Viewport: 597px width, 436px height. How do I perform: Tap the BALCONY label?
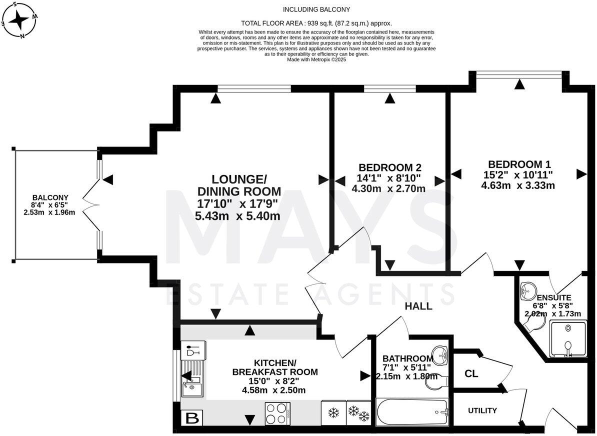pyautogui.click(x=49, y=197)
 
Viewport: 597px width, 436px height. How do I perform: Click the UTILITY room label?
pyautogui.click(x=482, y=410)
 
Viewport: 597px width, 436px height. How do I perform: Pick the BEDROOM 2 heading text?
pyautogui.click(x=389, y=167)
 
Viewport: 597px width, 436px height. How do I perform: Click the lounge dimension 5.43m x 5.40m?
pyautogui.click(x=237, y=216)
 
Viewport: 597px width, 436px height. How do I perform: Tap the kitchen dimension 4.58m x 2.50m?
pyautogui.click(x=273, y=390)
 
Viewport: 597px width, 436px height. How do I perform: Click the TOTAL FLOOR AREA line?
pyautogui.click(x=316, y=23)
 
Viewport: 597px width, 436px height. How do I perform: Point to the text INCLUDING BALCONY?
pyautogui.click(x=316, y=9)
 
